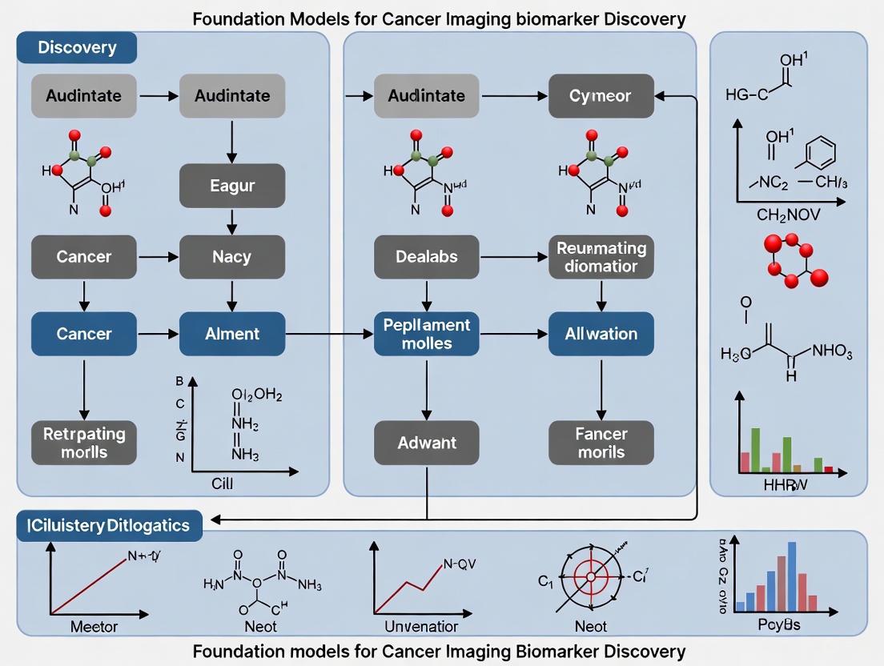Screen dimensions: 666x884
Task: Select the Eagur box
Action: point(232,186)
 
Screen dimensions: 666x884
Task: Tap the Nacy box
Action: point(232,257)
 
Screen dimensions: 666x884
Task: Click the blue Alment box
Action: point(232,334)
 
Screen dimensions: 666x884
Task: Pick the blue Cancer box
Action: point(84,334)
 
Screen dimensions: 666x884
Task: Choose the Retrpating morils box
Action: point(84,443)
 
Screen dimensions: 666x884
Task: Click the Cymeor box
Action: point(601,96)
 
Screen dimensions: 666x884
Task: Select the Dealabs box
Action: point(427,257)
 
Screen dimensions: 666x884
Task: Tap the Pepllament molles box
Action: point(427,334)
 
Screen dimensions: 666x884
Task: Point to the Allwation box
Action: point(601,334)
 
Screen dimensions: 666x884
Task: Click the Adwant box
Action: point(427,443)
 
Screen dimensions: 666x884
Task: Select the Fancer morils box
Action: point(601,443)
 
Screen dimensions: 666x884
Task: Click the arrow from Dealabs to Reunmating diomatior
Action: point(513,257)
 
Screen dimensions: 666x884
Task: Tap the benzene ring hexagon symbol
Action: point(819,153)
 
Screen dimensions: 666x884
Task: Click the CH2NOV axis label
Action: point(789,215)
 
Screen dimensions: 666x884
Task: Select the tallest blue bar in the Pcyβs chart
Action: point(792,576)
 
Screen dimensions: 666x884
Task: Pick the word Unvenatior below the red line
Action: point(421,626)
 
